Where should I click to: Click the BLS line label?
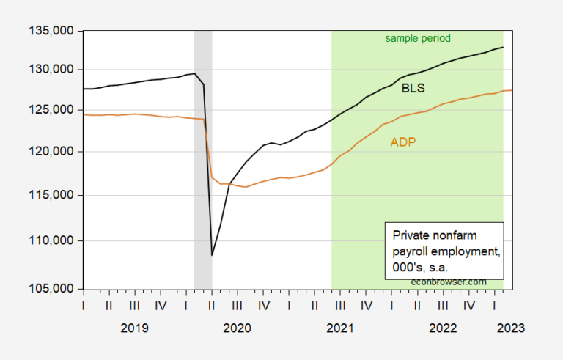(x=413, y=89)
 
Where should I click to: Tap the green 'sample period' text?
(x=418, y=38)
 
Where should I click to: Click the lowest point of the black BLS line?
(x=212, y=255)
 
